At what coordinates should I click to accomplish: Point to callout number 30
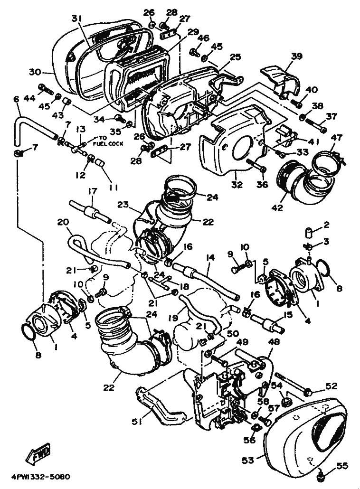coord(35,72)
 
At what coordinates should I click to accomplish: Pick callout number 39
coord(297,56)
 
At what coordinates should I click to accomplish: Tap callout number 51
coord(136,422)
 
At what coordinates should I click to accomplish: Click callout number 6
coord(16,99)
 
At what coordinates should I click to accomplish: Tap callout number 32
coord(237,184)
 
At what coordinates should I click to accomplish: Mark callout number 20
coord(63,222)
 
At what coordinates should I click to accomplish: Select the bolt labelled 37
coord(315,125)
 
